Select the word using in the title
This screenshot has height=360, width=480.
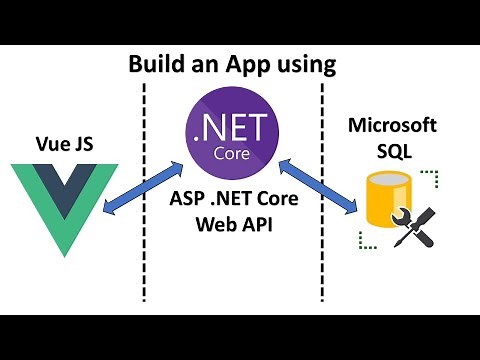[300, 66]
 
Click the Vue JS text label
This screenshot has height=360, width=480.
[64, 140]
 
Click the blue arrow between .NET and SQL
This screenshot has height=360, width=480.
[317, 183]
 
